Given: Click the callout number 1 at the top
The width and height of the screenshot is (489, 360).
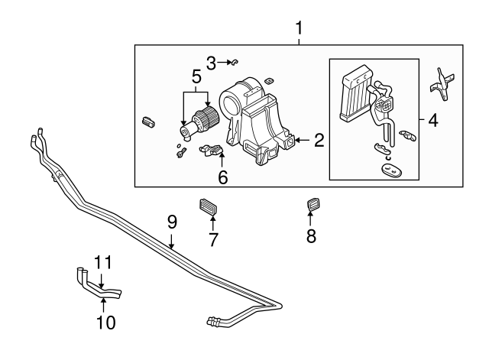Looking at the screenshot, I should [x=299, y=28].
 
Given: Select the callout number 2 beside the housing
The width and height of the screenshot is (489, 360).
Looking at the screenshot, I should [x=319, y=140].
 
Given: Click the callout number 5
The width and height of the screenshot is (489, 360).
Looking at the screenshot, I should [x=196, y=77].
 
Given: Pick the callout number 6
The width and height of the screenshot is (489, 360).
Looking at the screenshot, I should [x=223, y=177].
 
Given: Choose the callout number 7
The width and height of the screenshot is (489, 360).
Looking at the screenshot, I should [x=213, y=239].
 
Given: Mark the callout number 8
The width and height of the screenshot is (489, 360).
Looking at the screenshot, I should [x=311, y=236].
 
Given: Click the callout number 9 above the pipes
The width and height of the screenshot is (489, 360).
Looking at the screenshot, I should [x=172, y=222].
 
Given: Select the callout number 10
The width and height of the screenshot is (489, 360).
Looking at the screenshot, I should [x=106, y=323].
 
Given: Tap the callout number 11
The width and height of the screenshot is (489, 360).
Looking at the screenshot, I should [x=103, y=264].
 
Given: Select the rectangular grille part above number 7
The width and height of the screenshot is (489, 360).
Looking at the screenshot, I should [x=209, y=206].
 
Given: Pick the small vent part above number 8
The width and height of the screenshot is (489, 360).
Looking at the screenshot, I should [x=313, y=206].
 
